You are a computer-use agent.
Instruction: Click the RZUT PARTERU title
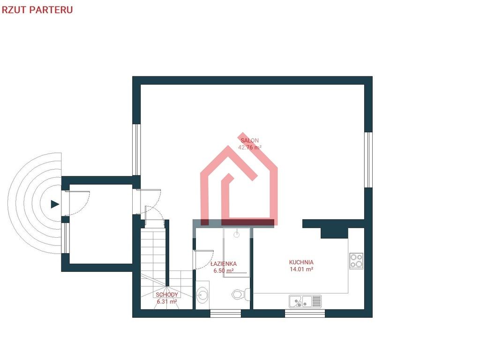[x=37, y=10]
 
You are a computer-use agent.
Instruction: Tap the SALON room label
[x=249, y=141]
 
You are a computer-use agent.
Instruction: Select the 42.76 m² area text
[x=249, y=147]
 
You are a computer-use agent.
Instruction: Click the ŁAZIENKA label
[x=224, y=263]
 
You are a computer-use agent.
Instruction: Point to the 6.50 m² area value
[x=224, y=270]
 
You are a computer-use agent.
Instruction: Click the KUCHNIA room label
[x=301, y=262]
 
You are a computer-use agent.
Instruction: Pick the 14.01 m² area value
[x=301, y=270]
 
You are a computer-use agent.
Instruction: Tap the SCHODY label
[x=167, y=295]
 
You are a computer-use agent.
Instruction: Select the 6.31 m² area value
[x=167, y=301]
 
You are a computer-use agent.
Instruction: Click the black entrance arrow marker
[x=54, y=204]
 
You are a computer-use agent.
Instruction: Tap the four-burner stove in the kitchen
[x=356, y=261]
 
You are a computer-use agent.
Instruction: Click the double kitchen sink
[x=305, y=301]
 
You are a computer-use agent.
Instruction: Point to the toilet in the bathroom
[x=241, y=295]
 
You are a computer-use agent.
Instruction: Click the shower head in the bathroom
[x=236, y=235]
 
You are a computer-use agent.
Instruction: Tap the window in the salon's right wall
[x=368, y=160]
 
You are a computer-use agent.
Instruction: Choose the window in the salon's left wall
[x=136, y=150]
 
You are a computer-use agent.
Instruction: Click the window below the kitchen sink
[x=305, y=314]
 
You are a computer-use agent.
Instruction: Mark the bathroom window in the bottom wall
[x=225, y=314]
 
